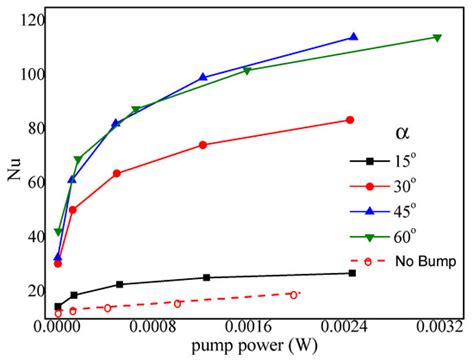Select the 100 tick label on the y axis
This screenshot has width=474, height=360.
[x=30, y=75]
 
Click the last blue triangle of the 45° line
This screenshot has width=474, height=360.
[x=353, y=37]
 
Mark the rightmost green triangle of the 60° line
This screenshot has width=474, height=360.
[x=437, y=38]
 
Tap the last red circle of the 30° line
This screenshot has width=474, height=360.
[x=349, y=120]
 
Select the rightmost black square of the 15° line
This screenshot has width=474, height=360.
[x=351, y=273]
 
